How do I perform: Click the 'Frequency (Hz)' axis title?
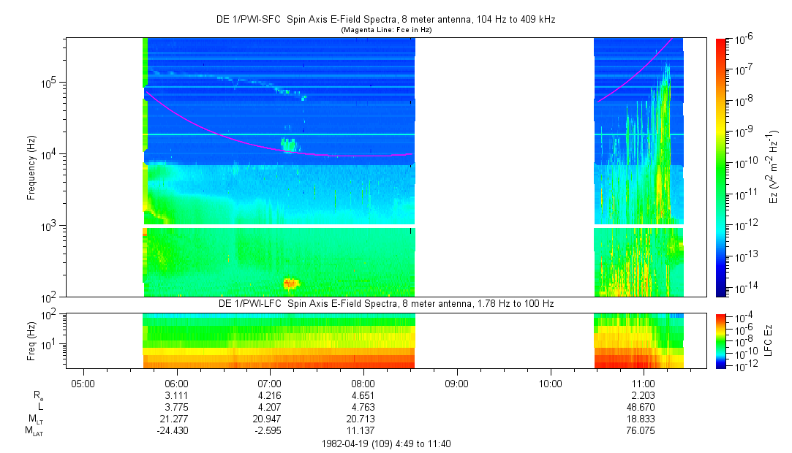31,167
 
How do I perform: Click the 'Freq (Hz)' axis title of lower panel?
31,340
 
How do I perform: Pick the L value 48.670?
643,407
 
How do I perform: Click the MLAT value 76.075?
643,430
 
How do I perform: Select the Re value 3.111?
177,395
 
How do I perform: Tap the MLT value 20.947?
270,419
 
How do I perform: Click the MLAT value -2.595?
270,430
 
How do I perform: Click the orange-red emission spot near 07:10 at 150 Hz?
290,283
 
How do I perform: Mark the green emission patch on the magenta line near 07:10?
289,145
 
